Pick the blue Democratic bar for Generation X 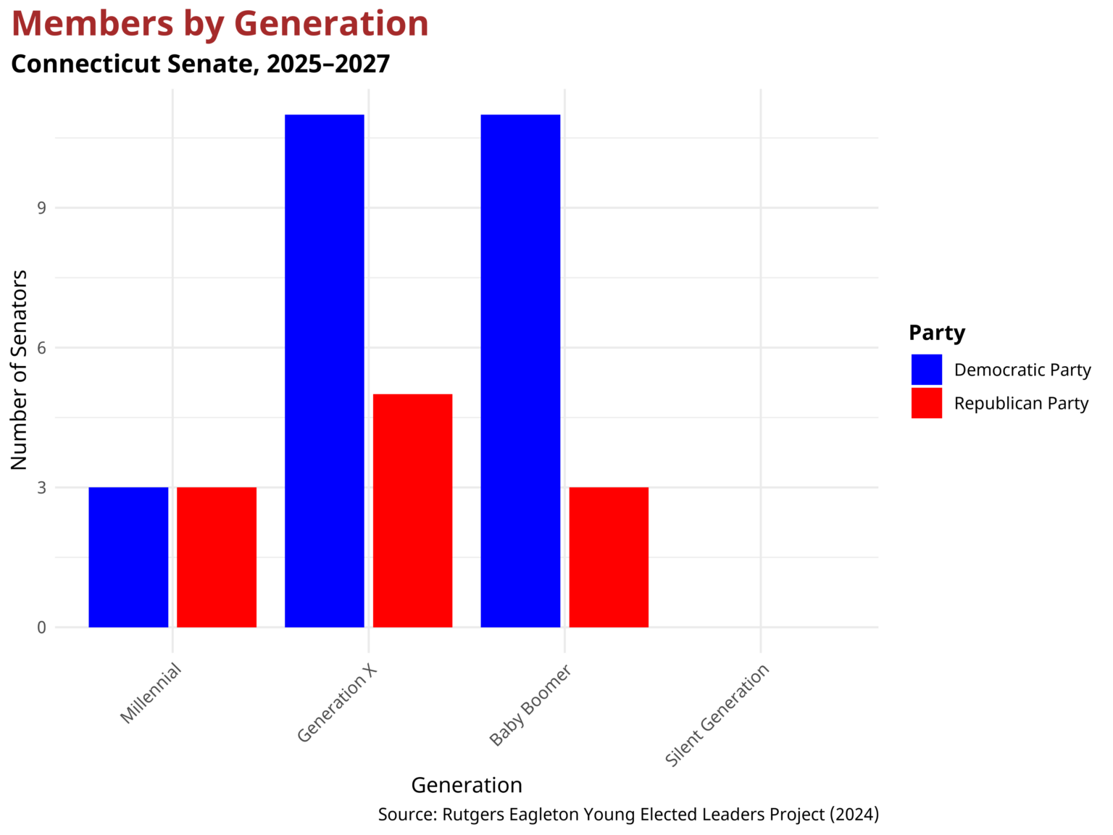pyautogui.click(x=325, y=370)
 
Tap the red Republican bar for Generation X pyautogui.click(x=412, y=510)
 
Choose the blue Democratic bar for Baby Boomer pyautogui.click(x=520, y=370)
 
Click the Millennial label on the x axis pyautogui.click(x=151, y=694)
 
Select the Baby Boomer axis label pyautogui.click(x=530, y=705)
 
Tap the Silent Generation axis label pyautogui.click(x=717, y=715)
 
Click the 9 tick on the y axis pyautogui.click(x=41, y=208)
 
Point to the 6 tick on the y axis pyautogui.click(x=41, y=348)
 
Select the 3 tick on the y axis pyautogui.click(x=41, y=488)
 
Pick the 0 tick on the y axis pyautogui.click(x=41, y=628)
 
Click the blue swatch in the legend pyautogui.click(x=926, y=370)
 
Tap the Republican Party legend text pyautogui.click(x=1021, y=404)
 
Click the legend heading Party pyautogui.click(x=937, y=333)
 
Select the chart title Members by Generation pyautogui.click(x=220, y=24)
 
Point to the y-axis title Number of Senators pyautogui.click(x=20, y=370)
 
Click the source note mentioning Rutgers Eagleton pyautogui.click(x=628, y=815)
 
